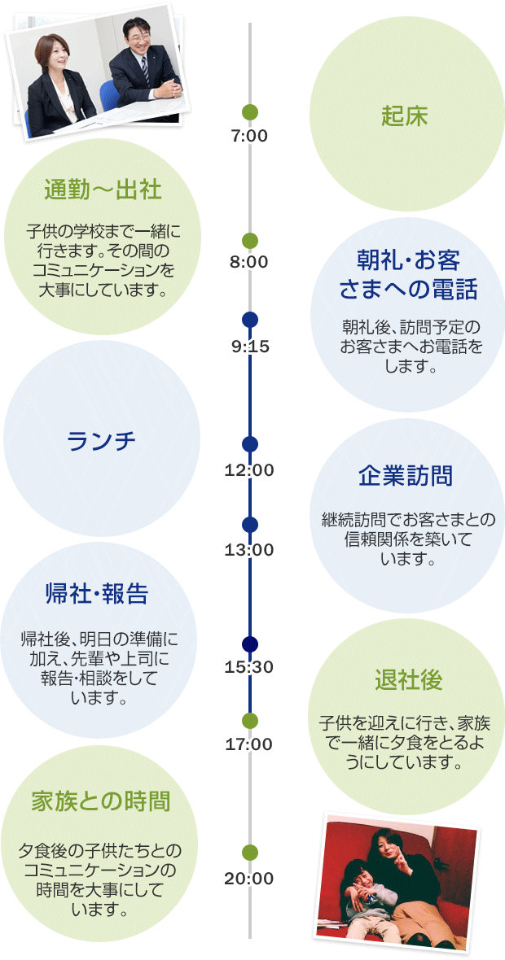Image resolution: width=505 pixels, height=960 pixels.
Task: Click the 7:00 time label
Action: coord(249,136)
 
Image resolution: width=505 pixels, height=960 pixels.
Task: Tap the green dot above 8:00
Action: coord(250,241)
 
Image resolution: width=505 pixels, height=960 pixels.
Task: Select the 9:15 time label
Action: coord(249,347)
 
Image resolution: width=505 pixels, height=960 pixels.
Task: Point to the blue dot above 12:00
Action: coord(250,444)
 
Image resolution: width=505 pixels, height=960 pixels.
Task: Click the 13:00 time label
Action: coord(249,549)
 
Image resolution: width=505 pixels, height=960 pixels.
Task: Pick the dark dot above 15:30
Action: coord(250,644)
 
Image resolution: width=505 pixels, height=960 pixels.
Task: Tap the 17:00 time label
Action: coord(249,744)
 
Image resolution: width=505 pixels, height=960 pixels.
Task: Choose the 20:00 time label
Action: coord(249,879)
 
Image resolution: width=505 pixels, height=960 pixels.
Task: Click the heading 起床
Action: coord(405,116)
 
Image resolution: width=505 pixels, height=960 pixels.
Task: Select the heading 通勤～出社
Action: coord(103,190)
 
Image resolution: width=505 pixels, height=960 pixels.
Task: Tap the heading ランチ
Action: coord(102,440)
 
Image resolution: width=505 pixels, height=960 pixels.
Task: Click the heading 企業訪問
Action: coord(405,476)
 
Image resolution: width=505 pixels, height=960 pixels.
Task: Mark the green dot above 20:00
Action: coord(250,852)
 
